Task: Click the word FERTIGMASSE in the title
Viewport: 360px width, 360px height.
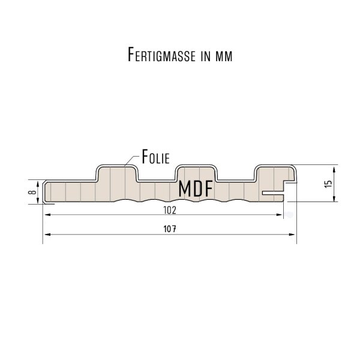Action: click(161, 55)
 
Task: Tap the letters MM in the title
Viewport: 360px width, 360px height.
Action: click(224, 56)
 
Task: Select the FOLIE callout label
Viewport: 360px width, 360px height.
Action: click(155, 157)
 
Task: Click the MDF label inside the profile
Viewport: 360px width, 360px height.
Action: click(195, 189)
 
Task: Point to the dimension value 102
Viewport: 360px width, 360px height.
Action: click(170, 210)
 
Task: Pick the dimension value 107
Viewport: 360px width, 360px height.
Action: click(170, 229)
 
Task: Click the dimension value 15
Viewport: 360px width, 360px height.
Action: click(328, 184)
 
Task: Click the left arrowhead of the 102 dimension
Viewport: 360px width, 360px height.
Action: click(48, 215)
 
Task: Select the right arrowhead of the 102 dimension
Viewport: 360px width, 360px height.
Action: click(279, 215)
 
